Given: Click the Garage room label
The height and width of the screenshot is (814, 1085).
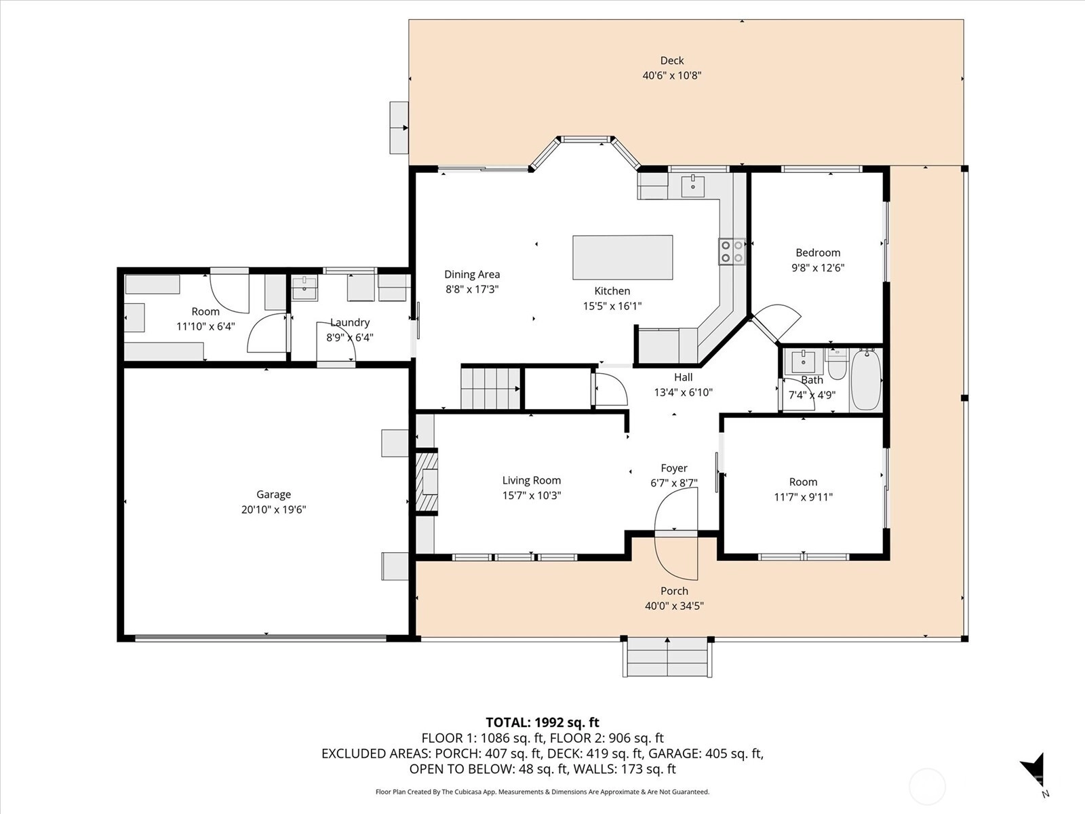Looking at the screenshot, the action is point(273,495).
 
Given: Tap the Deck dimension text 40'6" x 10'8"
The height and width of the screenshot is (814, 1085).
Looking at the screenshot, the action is point(672,75).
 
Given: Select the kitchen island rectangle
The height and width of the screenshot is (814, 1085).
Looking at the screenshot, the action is point(623,258).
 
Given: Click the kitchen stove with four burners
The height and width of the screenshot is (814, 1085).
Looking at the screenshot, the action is point(732,252).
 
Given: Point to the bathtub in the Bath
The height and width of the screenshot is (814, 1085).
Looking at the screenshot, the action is point(866,380).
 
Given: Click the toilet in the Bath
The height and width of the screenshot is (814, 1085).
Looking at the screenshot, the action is point(837,364).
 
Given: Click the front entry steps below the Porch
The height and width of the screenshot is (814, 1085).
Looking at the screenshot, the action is point(667,657).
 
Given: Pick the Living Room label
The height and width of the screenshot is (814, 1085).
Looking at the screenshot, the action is point(532,480).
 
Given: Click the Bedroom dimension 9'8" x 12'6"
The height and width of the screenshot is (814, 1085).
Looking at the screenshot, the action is point(818,268).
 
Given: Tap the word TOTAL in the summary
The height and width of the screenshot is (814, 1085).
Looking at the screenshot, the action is point(509,722).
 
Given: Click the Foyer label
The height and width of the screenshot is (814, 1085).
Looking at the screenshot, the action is point(674,468).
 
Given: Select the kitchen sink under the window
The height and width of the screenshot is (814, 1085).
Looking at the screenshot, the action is point(692,186).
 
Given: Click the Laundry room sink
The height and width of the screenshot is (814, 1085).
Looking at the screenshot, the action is point(304,289).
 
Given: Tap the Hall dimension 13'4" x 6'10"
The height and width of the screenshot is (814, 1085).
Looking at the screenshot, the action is point(683,393).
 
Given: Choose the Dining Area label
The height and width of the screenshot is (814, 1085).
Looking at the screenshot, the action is point(472,274).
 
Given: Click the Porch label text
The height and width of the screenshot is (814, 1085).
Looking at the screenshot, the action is point(674,591).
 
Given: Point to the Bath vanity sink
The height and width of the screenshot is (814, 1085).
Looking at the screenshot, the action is point(804,362).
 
